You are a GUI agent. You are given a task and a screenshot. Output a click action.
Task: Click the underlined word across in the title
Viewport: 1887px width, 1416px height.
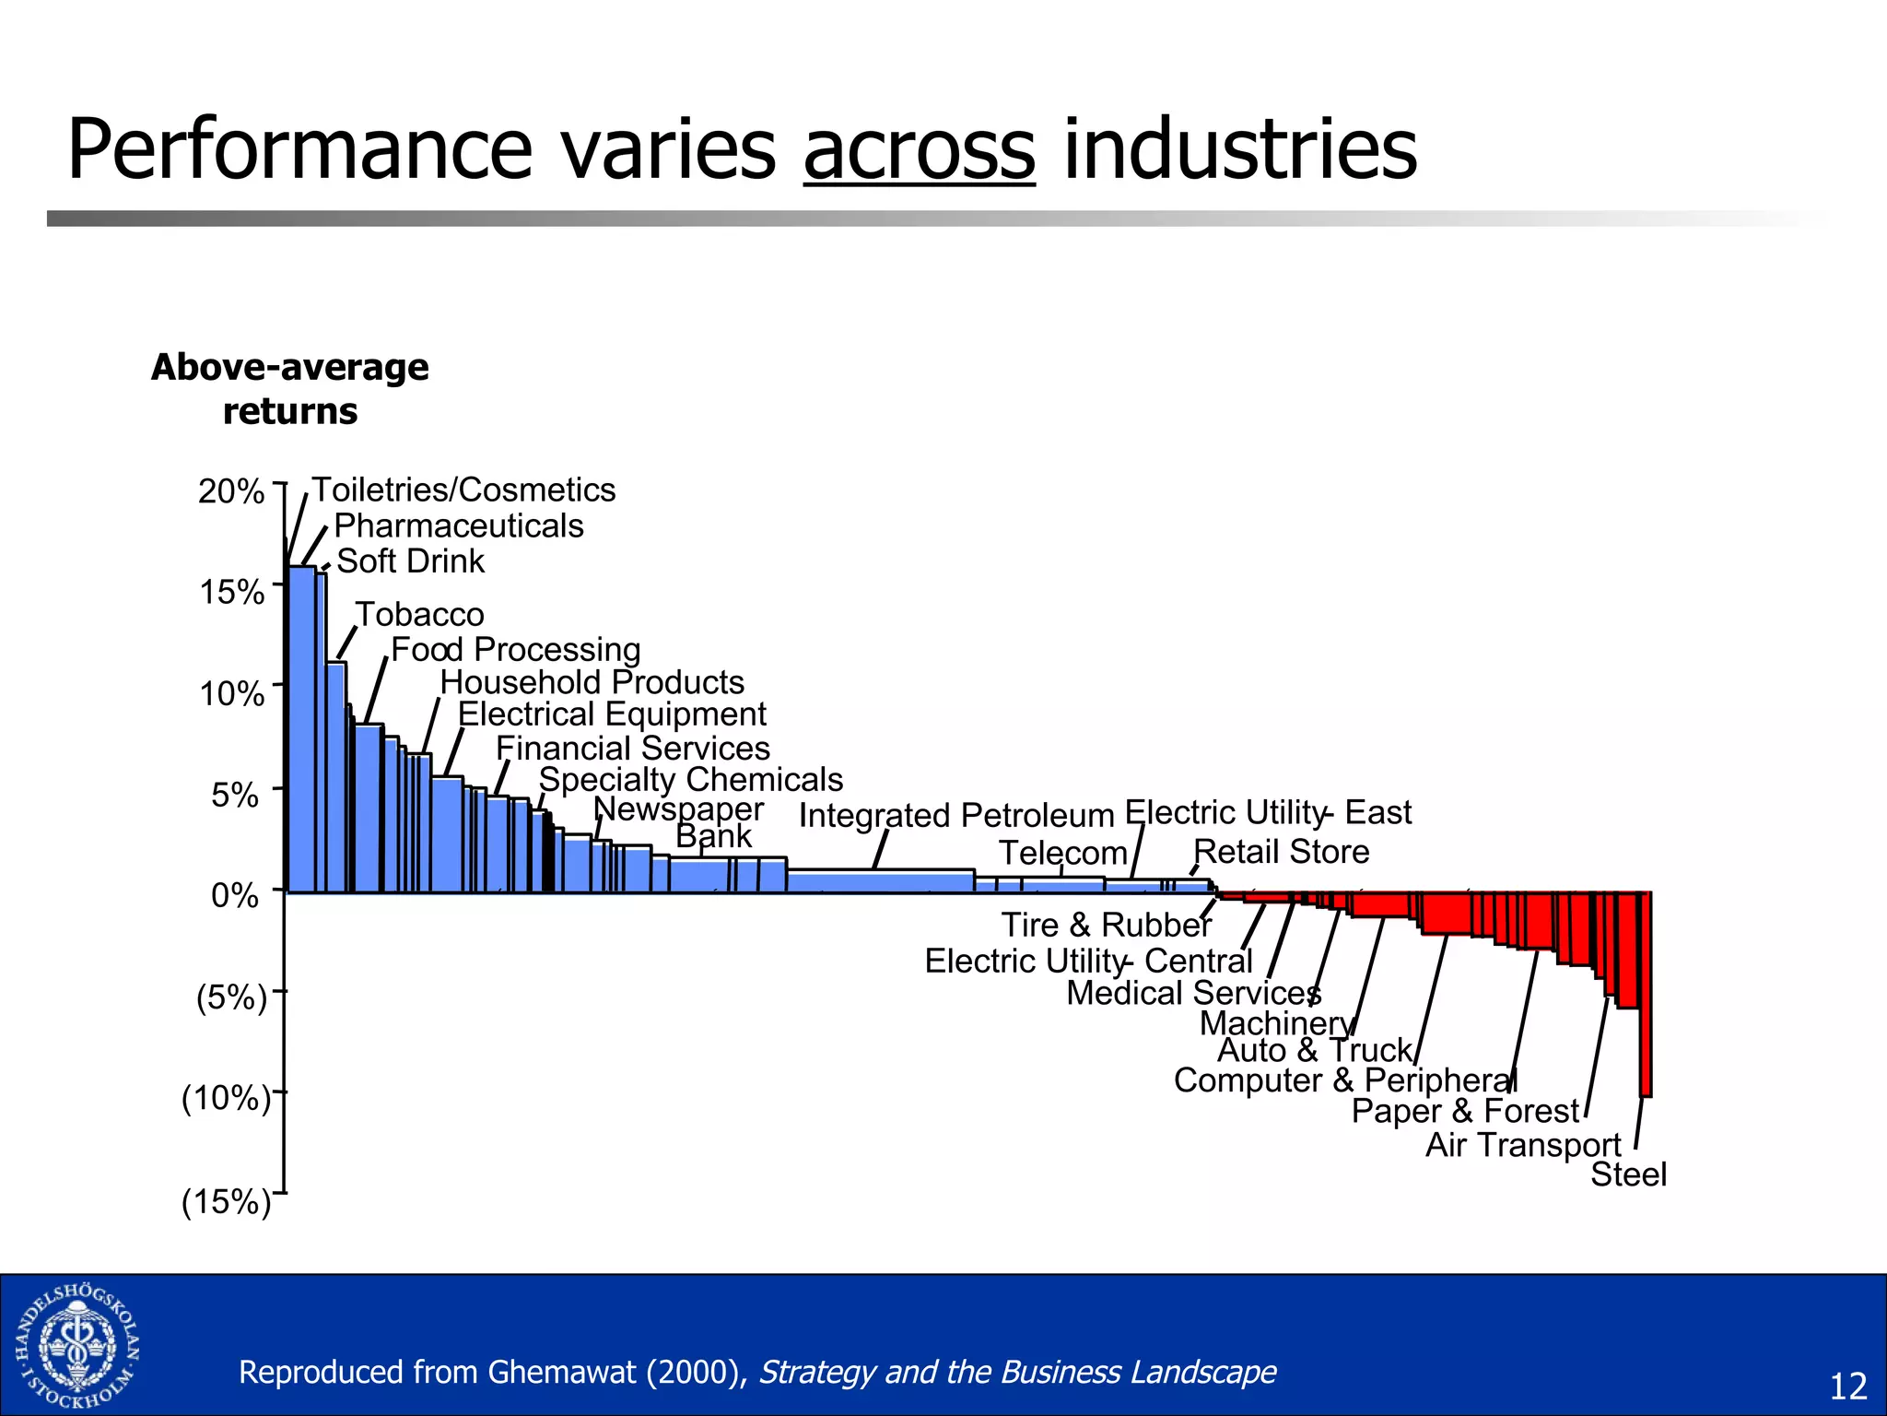[919, 150]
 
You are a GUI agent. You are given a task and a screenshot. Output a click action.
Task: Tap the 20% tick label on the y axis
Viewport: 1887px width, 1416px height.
[231, 491]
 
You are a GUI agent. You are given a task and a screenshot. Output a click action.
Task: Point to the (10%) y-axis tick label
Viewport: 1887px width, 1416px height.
[226, 1098]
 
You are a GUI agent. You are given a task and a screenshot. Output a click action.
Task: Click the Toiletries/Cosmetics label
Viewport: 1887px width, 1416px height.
[463, 490]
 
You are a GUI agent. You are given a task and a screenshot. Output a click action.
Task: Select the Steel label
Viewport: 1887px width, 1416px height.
[1628, 1174]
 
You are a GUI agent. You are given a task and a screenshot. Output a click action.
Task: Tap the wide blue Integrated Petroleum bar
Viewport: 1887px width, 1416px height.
[880, 881]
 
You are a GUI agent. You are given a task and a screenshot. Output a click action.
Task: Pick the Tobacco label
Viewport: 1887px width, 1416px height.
[420, 614]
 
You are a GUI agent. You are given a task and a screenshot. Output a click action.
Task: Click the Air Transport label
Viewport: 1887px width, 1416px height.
[1523, 1144]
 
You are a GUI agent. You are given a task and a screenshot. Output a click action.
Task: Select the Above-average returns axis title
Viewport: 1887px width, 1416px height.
[290, 389]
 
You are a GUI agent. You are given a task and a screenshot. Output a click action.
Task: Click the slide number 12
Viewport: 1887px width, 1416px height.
[1846, 1386]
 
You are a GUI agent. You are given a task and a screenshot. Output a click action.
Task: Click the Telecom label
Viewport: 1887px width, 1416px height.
[1063, 853]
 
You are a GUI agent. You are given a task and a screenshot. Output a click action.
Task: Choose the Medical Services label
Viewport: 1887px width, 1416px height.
[1193, 993]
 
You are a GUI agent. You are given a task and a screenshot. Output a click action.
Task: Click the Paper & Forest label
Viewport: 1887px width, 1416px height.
[1465, 1111]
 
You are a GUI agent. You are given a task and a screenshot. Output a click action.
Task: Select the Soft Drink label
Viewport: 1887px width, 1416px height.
[410, 560]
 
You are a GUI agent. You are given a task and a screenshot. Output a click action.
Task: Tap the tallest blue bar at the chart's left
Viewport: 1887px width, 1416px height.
[301, 728]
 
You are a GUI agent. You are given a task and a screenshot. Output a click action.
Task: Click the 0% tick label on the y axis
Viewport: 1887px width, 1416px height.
[235, 894]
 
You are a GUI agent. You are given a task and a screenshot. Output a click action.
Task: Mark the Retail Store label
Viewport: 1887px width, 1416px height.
[1281, 851]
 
